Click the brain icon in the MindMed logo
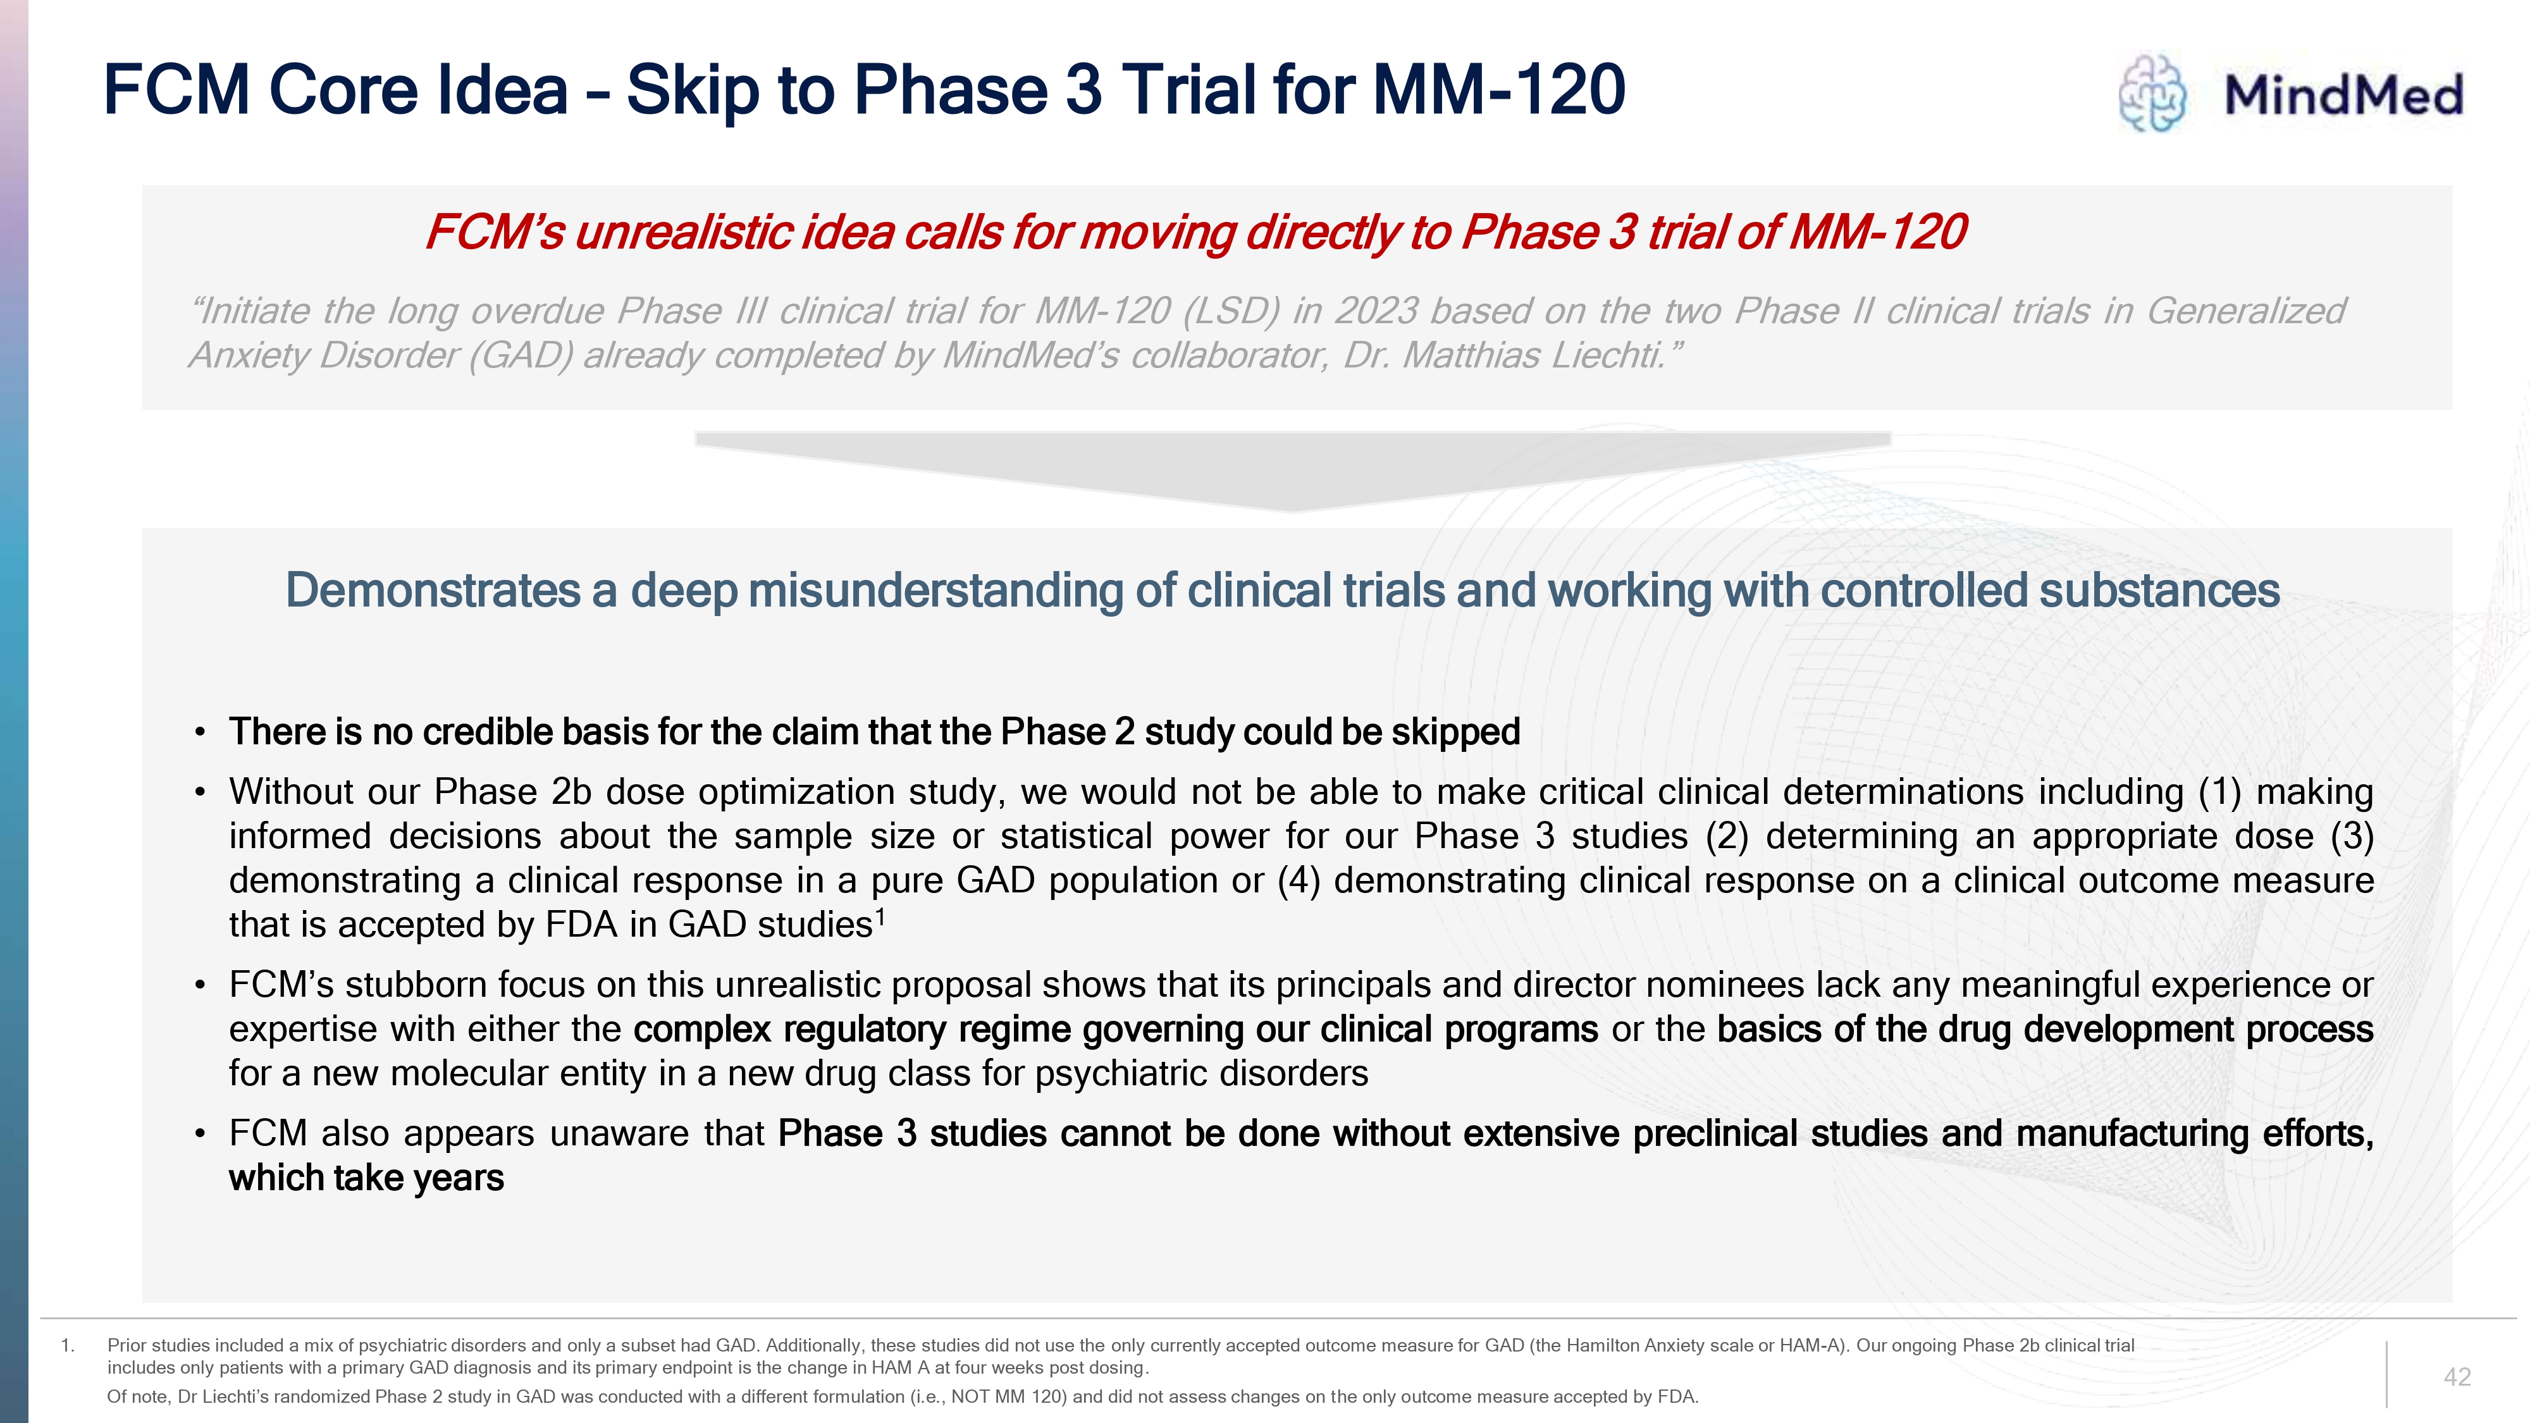pyautogui.click(x=2152, y=94)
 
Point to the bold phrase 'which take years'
pyautogui.click(x=366, y=1178)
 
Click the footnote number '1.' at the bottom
pyautogui.click(x=68, y=1345)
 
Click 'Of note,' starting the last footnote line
pyautogui.click(x=139, y=1396)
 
